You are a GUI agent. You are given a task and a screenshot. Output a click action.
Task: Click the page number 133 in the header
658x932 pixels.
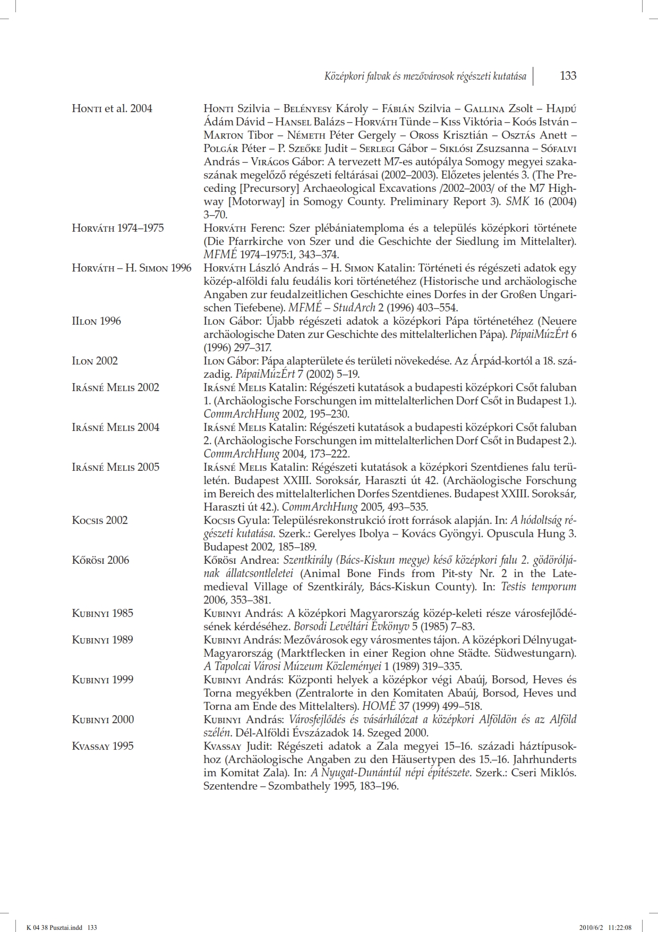point(568,76)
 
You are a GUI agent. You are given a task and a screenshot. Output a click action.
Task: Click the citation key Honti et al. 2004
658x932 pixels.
point(112,108)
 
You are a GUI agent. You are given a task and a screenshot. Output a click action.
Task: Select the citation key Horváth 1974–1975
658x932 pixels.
point(118,228)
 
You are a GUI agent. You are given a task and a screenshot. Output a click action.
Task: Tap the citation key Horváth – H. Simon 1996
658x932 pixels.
point(132,268)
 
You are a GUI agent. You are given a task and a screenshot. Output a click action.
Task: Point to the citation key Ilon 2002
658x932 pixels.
point(95,361)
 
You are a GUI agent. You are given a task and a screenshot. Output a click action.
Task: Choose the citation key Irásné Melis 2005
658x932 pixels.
point(115,467)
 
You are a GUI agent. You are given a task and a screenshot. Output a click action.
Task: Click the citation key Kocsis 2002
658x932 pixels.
point(100,520)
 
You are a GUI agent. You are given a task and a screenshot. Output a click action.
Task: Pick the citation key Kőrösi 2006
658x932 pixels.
point(100,560)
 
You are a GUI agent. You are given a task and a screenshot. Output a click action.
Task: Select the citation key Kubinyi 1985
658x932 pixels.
point(102,613)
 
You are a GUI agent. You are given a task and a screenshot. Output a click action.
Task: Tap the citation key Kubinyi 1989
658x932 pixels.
point(102,640)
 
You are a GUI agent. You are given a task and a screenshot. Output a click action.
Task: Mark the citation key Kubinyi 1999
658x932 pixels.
point(102,680)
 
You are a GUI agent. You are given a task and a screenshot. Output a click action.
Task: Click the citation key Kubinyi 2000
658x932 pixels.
point(102,719)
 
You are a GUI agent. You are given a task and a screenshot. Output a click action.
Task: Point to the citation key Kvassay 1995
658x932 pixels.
point(102,746)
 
